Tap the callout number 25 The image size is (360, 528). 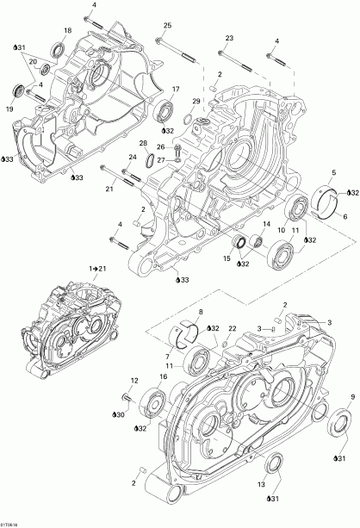(167, 25)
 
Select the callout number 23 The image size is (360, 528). (229, 39)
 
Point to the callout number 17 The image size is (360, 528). (175, 90)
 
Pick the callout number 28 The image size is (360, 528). (143, 143)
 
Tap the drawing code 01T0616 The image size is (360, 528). (11, 522)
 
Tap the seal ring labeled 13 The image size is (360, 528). (274, 466)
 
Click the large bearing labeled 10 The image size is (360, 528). (282, 253)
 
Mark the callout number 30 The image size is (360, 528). (119, 415)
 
